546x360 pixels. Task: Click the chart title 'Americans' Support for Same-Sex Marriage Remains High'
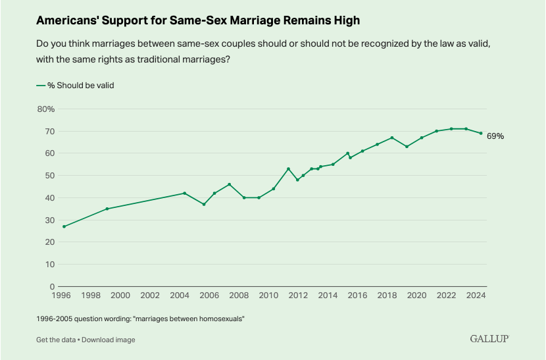coord(198,20)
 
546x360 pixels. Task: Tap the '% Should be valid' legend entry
coord(76,86)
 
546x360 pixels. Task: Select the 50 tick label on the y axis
coord(48,176)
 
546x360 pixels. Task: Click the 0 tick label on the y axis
coord(51,287)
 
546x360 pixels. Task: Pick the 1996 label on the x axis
coord(63,296)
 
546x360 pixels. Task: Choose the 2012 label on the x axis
coord(297,296)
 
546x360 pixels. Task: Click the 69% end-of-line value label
coord(495,136)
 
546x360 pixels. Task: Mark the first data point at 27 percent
coord(64,226)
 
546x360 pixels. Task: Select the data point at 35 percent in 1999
coord(107,209)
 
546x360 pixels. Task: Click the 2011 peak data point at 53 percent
coord(288,168)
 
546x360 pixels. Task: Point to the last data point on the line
coord(481,133)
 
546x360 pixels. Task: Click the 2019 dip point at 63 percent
coord(407,146)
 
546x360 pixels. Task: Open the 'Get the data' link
coord(56,340)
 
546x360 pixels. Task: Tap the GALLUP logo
coord(489,338)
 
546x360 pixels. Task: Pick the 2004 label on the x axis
coord(181,296)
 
